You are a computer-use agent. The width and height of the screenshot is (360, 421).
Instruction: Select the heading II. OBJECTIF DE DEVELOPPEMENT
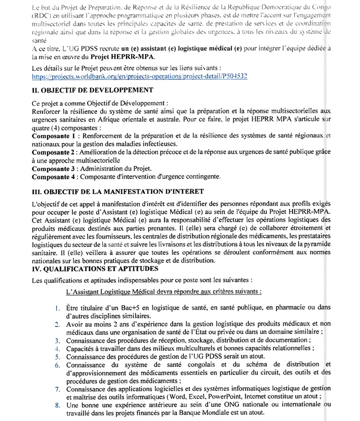click(93, 90)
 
